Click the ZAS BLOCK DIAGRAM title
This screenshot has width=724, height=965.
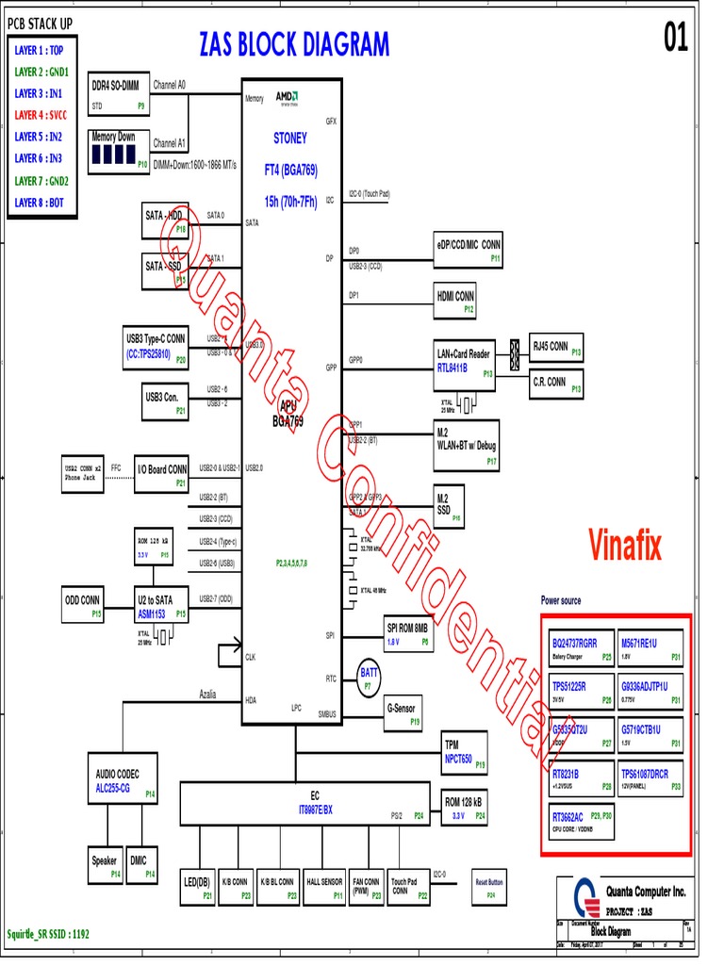pos(293,44)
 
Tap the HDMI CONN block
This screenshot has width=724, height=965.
pos(454,301)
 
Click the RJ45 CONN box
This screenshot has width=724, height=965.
pos(556,349)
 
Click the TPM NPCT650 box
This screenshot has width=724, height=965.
pos(465,751)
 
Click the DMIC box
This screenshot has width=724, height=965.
pos(143,865)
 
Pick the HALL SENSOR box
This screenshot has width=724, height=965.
pos(325,888)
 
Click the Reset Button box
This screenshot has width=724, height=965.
pos(490,888)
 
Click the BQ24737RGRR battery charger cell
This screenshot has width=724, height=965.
pos(581,647)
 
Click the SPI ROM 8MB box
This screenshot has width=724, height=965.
pos(408,633)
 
